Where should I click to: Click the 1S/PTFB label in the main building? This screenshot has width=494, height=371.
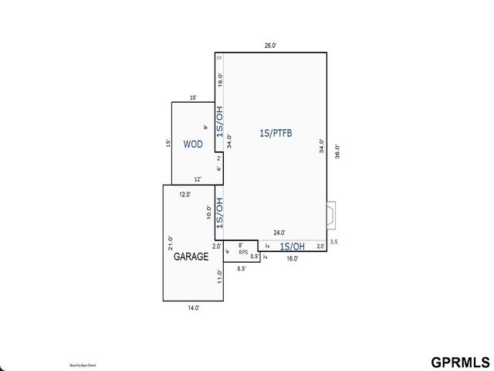276,133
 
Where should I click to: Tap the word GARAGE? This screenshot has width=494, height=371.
190,257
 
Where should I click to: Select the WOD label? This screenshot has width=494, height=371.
192,145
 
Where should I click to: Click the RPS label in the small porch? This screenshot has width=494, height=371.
242,252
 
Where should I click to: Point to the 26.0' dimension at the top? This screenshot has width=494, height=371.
270,46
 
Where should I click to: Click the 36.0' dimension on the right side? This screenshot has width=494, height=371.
337,152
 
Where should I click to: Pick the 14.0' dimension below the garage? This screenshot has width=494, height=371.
193,308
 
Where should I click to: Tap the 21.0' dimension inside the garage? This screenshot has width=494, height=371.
171,243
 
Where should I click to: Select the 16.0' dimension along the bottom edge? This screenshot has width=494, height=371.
292,259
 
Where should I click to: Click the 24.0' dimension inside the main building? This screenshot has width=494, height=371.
279,233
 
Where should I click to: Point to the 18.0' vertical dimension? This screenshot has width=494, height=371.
220,79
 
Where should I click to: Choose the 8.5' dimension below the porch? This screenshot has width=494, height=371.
241,269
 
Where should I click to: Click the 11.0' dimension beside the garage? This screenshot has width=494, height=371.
220,276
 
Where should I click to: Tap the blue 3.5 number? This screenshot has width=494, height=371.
333,242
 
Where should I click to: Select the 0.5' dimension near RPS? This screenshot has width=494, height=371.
254,257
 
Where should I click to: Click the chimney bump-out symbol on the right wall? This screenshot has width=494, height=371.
331,216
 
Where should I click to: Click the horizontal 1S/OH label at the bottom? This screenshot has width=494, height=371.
292,247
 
